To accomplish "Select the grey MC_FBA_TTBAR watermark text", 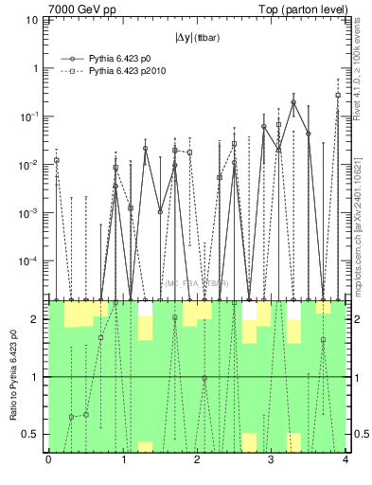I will click(x=196, y=283).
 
